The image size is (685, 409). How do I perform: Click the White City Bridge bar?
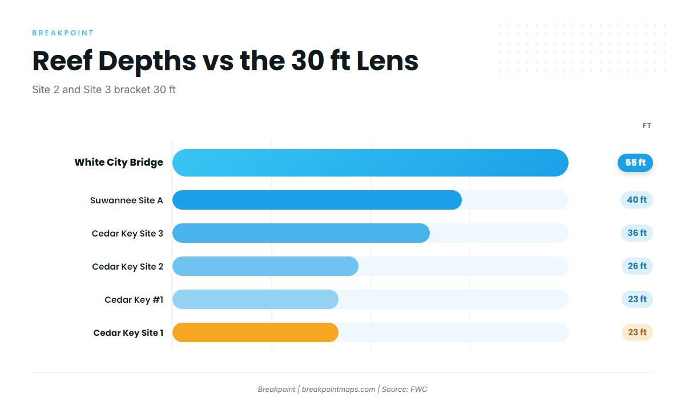pos(370,163)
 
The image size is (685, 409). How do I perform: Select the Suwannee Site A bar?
pos(317,200)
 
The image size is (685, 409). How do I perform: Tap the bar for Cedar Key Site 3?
pos(301,233)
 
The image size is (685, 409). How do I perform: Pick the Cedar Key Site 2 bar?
pos(265,266)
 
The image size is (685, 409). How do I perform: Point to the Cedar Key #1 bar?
pos(255,299)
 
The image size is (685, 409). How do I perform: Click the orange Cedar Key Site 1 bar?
pos(255,332)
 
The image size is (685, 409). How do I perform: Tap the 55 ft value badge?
pos(635,162)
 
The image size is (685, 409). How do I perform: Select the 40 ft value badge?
pos(636,200)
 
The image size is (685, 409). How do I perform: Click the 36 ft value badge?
pos(637,233)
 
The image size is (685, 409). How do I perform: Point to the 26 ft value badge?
pos(637,266)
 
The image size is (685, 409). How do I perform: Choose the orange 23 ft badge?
pos(637,332)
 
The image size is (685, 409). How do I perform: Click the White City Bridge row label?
pos(119,162)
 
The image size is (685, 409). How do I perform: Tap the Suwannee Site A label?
pos(126,201)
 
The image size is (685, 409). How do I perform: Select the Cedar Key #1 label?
pos(134,300)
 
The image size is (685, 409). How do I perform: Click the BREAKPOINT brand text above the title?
pos(63,33)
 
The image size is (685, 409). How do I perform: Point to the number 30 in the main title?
pos(307,61)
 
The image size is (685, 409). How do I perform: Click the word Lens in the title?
pos(387,61)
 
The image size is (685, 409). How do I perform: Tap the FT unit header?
pos(647,126)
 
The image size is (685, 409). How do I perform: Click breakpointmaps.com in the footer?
pos(338,389)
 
